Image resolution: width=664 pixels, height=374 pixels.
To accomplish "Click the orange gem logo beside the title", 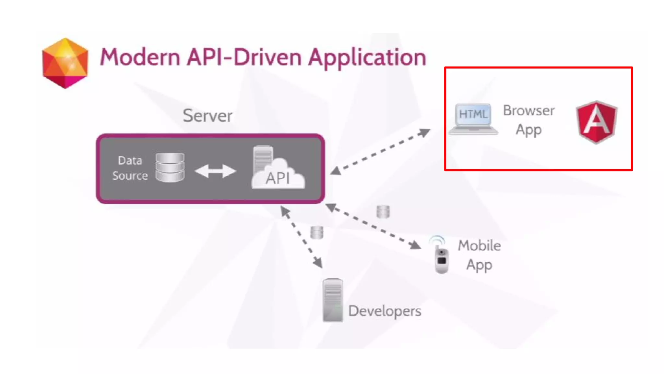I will [65, 63].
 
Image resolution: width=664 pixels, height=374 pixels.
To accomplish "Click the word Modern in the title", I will [140, 57].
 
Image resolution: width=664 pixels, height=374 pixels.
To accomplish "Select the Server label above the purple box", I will [207, 116].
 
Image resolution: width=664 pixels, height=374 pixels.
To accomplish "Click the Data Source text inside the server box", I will [130, 168].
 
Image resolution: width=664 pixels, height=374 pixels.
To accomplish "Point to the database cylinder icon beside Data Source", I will [170, 167].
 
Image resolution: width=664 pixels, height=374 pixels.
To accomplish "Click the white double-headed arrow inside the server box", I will [215, 171].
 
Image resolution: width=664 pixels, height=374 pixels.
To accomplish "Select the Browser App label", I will [528, 120].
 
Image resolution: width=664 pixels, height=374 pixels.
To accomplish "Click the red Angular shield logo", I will [597, 122].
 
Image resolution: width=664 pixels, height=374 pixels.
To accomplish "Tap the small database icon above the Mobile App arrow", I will [383, 212].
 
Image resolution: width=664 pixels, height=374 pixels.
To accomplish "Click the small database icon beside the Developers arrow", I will [317, 232].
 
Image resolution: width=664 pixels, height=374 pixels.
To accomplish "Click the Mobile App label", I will [479, 255].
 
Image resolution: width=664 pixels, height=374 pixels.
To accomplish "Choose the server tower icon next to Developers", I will [333, 300].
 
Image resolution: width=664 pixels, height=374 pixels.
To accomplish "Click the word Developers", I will [385, 311].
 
